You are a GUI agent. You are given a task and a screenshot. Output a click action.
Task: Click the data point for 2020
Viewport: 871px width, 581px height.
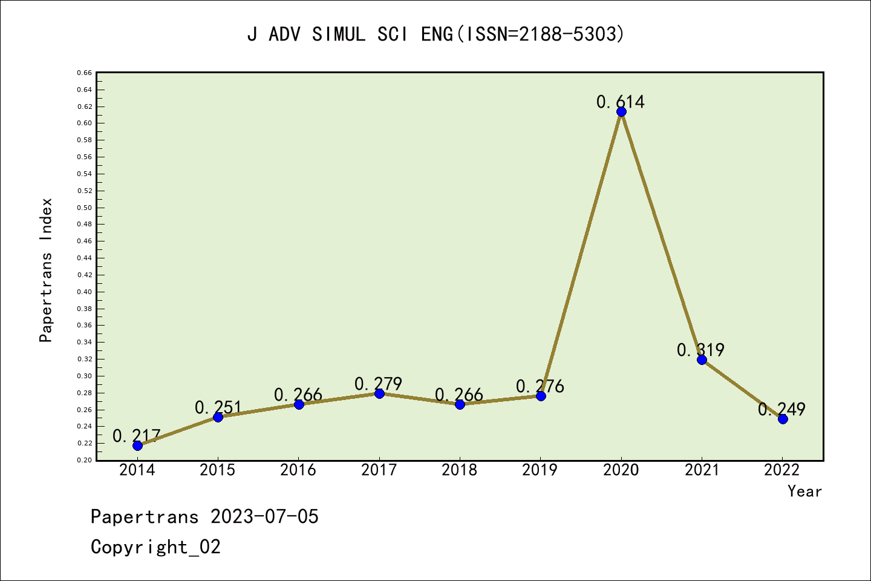click(x=621, y=111)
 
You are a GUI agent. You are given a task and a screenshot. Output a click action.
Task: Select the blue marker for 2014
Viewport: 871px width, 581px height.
click(x=137, y=445)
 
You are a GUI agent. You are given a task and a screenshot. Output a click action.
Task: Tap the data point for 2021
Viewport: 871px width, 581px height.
click(x=702, y=359)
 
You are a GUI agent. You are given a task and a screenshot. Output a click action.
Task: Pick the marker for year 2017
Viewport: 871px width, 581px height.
click(x=379, y=393)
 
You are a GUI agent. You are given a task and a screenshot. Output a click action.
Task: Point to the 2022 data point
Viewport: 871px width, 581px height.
click(x=783, y=419)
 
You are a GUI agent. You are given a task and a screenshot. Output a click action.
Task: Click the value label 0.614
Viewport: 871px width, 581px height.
click(x=621, y=102)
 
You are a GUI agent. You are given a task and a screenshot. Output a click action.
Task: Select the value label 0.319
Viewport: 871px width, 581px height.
click(x=700, y=350)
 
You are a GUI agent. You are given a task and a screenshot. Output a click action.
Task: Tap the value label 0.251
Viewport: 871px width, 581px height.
click(x=218, y=407)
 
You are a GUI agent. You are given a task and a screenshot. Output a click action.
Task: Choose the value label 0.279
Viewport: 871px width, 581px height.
click(x=378, y=384)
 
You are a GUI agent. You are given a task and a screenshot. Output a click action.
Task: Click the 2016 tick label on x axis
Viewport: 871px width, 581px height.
click(x=298, y=470)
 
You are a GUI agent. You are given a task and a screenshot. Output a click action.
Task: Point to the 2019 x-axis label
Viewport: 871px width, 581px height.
click(x=540, y=470)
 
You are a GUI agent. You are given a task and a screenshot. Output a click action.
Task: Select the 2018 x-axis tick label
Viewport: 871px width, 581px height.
click(x=460, y=470)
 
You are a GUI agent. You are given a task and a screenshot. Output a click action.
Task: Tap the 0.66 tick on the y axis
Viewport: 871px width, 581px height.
click(x=84, y=73)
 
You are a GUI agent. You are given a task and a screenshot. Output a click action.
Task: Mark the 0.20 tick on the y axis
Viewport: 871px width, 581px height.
click(x=84, y=460)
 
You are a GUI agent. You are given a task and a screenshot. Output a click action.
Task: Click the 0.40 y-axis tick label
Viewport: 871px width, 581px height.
click(x=84, y=292)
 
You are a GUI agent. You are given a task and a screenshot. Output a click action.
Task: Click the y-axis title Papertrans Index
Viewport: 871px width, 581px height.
click(x=46, y=270)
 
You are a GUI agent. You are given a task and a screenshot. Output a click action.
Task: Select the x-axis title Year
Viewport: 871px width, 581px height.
click(x=804, y=491)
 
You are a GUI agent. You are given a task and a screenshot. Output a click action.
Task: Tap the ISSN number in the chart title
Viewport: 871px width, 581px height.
click(x=570, y=34)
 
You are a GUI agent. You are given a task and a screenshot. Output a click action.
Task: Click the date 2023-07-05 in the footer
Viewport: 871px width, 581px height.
click(x=264, y=517)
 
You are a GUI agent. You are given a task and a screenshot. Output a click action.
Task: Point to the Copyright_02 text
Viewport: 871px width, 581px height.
click(x=155, y=547)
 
